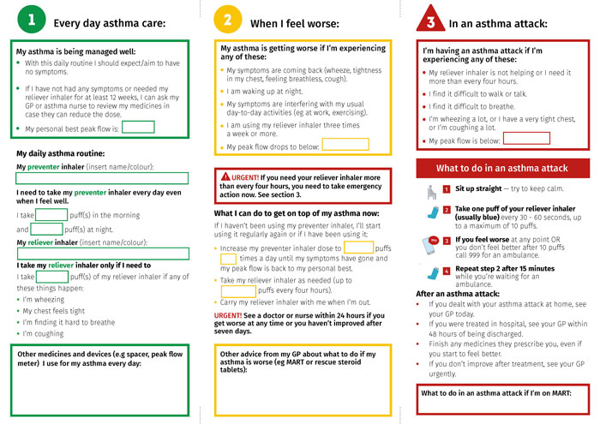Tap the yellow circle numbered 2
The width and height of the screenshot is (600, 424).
click(227, 19)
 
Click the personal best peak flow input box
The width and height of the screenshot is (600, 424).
click(138, 127)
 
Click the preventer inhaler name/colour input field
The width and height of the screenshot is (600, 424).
click(102, 178)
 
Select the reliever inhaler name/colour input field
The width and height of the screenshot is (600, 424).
click(102, 254)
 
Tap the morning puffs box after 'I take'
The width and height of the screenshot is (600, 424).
click(51, 214)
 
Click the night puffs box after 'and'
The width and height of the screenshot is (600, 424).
click(47, 229)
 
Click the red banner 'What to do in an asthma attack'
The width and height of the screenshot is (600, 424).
click(501, 168)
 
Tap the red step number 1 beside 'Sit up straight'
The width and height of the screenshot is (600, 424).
click(447, 188)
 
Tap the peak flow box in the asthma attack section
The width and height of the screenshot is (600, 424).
click(525, 138)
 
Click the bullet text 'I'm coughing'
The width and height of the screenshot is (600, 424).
click(44, 333)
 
